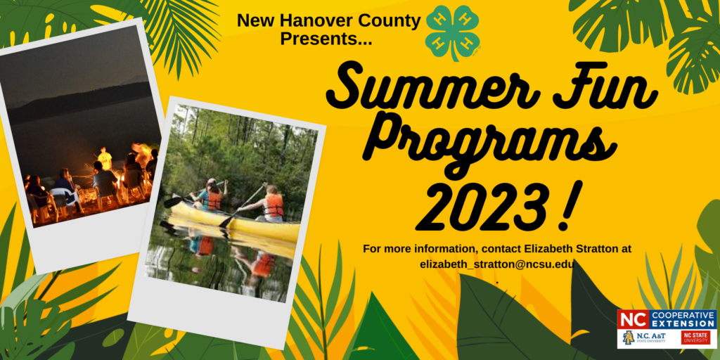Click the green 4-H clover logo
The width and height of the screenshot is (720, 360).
point(454,32)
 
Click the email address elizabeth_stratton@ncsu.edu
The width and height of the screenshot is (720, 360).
point(498,264)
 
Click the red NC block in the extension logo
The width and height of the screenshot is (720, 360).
point(632,319)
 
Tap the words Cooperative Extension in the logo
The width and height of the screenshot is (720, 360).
point(681,319)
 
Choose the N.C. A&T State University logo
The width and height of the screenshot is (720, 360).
point(642,337)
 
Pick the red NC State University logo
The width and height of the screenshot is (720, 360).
point(695,337)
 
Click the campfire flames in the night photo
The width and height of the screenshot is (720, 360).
point(141,155)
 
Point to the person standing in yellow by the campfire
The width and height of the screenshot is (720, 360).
point(105,159)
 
